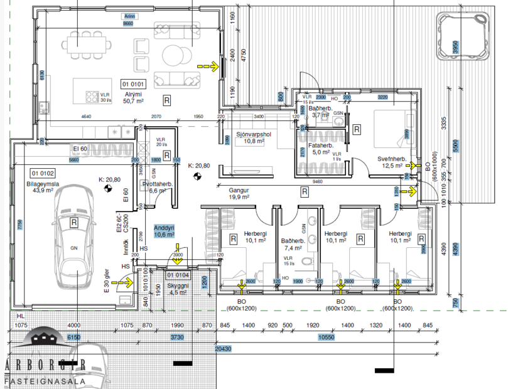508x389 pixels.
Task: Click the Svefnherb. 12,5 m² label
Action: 391,162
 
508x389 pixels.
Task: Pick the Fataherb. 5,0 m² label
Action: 321,148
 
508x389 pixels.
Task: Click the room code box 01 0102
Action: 43,173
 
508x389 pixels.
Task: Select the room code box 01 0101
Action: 134,83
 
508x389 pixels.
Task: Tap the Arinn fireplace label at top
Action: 129,16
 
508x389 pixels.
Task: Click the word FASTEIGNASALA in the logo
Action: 36,381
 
